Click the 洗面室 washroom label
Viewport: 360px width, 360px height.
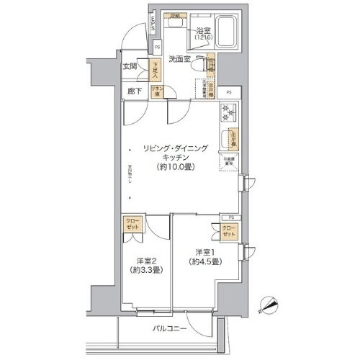click(180, 59)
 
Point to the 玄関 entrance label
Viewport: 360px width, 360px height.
click(130, 67)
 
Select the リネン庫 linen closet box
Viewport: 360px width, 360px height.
click(156, 91)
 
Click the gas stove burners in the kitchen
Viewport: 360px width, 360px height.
click(230, 114)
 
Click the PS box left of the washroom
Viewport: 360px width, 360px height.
click(158, 48)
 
